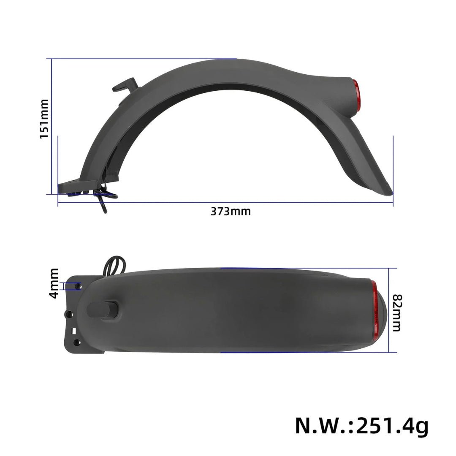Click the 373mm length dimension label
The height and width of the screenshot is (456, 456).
[230, 211]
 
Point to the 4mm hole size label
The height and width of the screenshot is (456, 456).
[54, 283]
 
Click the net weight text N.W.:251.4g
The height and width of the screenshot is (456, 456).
[361, 426]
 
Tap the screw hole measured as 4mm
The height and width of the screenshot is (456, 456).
[78, 286]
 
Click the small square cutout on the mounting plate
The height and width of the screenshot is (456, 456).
[74, 331]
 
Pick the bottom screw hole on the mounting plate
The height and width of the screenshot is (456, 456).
[76, 342]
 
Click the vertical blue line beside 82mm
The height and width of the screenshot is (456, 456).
[397, 310]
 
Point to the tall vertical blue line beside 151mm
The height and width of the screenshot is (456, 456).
[52, 127]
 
